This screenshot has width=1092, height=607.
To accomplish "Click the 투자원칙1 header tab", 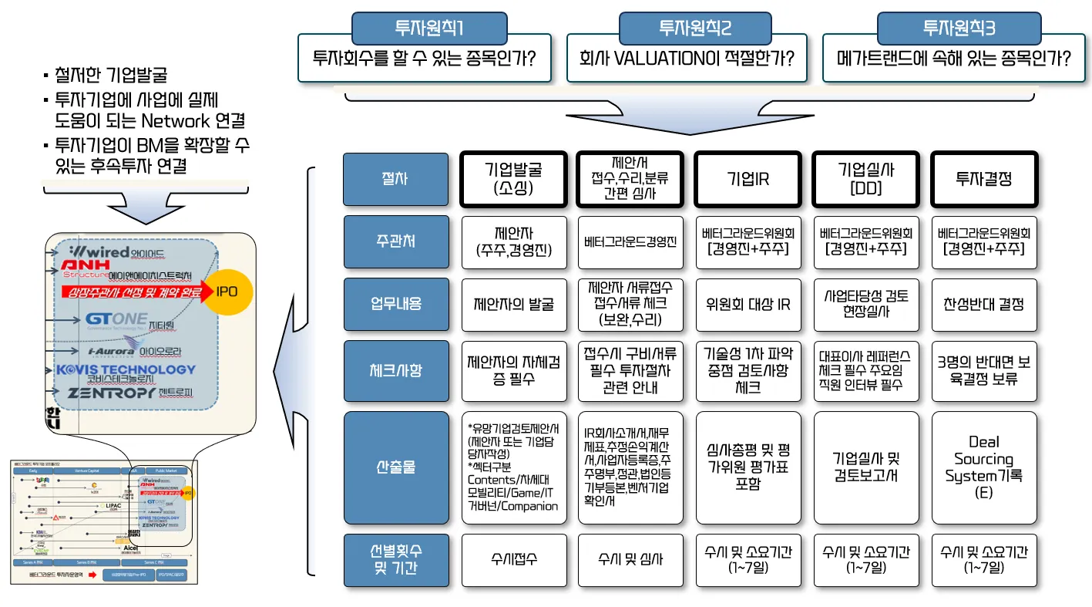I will pyautogui.click(x=428, y=29).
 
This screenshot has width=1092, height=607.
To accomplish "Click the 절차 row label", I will pyautogui.click(x=395, y=179).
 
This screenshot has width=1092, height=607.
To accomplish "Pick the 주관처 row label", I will pyautogui.click(x=395, y=241).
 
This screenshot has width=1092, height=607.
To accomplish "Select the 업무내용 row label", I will pyautogui.click(x=395, y=304).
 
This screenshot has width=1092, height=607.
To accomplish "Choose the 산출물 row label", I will pyautogui.click(x=395, y=467).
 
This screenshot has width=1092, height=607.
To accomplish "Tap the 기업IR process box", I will pyautogui.click(x=748, y=179).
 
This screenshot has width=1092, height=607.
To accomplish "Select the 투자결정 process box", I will pyautogui.click(x=984, y=179).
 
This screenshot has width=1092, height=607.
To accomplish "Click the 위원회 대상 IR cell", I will pyautogui.click(x=748, y=304).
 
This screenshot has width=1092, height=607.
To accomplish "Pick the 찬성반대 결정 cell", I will pyautogui.click(x=984, y=304).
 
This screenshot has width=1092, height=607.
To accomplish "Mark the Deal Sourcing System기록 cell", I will pyautogui.click(x=984, y=467).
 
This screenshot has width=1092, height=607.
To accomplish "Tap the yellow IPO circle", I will pyautogui.click(x=227, y=292).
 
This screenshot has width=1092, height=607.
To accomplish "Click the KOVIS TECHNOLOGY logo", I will pyautogui.click(x=126, y=370).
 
